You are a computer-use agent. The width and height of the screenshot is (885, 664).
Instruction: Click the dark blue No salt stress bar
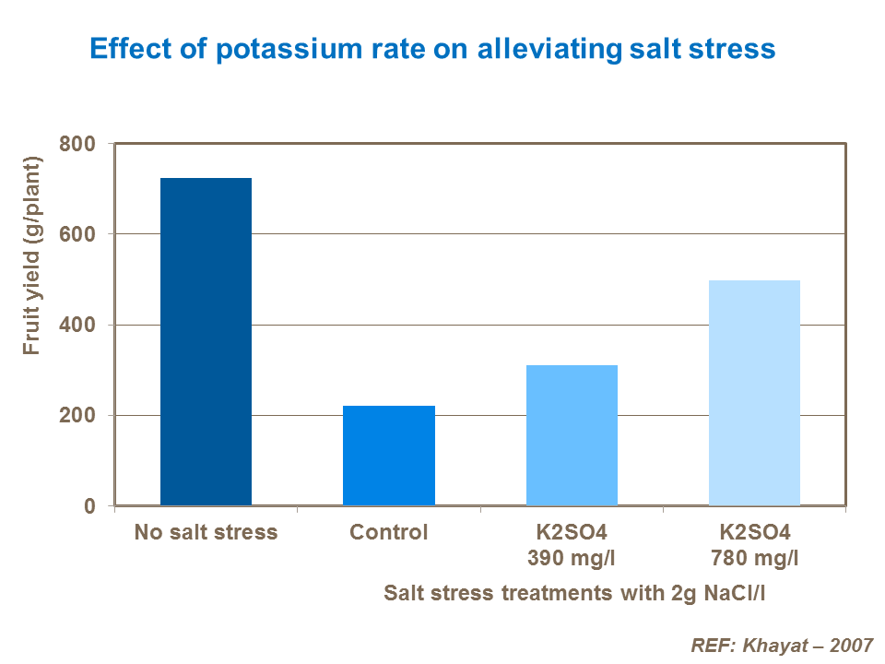tap(206, 341)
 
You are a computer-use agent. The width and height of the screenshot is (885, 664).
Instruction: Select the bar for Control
tap(388, 456)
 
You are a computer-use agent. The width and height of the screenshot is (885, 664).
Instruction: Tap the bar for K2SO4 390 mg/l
tap(572, 435)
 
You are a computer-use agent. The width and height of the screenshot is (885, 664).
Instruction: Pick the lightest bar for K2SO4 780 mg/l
tap(754, 393)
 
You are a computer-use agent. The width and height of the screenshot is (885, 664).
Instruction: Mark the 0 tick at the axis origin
tap(89, 506)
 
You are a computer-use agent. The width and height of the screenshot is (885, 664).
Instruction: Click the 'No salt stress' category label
tap(206, 532)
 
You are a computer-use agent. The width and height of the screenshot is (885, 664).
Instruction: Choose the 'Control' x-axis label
tap(388, 532)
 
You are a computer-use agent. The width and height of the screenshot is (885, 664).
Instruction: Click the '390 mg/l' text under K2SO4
tap(572, 558)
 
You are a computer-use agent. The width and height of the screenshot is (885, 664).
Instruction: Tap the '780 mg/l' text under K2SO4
tap(754, 558)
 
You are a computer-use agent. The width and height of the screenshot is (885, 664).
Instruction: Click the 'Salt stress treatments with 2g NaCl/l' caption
tap(575, 593)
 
